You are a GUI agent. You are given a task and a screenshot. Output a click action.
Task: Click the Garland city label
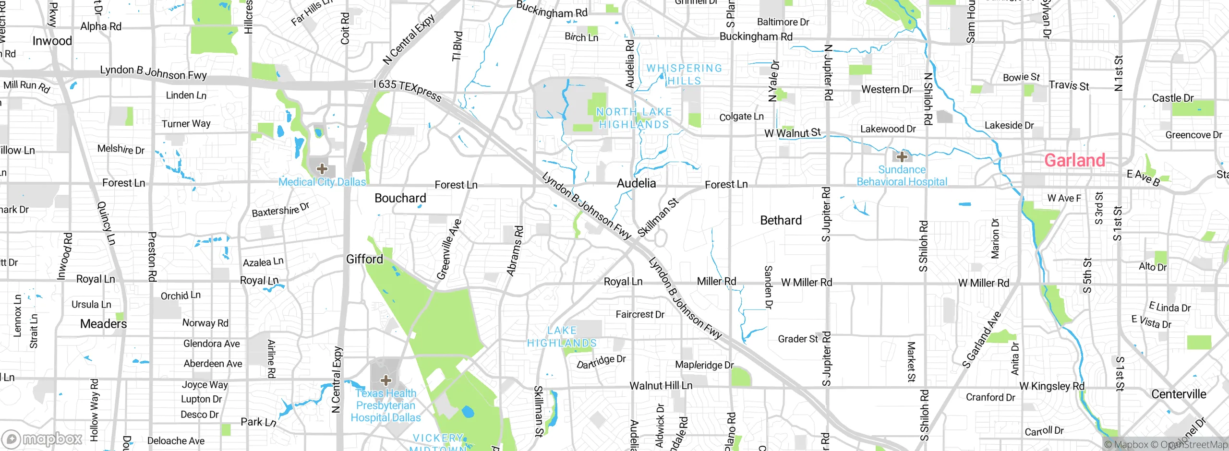pyautogui.click(x=1074, y=160)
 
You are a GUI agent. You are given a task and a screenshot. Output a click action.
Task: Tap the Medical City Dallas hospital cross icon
pyautogui.click(x=322, y=169)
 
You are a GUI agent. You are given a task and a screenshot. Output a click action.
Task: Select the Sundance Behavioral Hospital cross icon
pyautogui.click(x=902, y=156)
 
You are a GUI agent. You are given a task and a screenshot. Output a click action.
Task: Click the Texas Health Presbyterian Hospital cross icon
pyautogui.click(x=386, y=380)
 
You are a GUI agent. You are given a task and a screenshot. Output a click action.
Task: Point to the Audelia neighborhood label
pyautogui.click(x=636, y=183)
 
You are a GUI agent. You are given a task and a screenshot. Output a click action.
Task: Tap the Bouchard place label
pyautogui.click(x=400, y=198)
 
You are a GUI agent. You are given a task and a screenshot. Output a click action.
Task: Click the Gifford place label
pyautogui.click(x=364, y=260)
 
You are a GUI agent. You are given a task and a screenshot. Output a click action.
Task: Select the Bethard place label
pyautogui.click(x=781, y=220)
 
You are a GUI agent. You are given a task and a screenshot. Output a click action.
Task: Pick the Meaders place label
pyautogui.click(x=103, y=324)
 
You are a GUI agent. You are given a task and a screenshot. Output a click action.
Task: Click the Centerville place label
pyautogui.click(x=1178, y=394)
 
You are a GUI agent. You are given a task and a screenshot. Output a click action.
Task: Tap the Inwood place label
pyautogui.click(x=52, y=41)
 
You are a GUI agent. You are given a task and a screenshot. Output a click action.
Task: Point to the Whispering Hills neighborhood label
pyautogui.click(x=684, y=74)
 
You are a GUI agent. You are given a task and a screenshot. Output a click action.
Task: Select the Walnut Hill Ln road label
pyautogui.click(x=661, y=386)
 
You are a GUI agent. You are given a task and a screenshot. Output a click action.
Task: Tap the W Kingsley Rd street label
pyautogui.click(x=1051, y=386)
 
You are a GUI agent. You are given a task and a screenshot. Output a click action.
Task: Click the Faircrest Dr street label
pyautogui.click(x=640, y=315)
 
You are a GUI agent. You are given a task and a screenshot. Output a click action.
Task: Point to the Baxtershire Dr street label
pyautogui.click(x=280, y=210)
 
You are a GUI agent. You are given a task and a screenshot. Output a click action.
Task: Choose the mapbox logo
pyautogui.click(x=42, y=439)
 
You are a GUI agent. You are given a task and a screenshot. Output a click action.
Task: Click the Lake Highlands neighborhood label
pyautogui.click(x=562, y=337)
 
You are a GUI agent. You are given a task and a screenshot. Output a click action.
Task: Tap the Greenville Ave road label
pyautogui.click(x=448, y=250)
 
